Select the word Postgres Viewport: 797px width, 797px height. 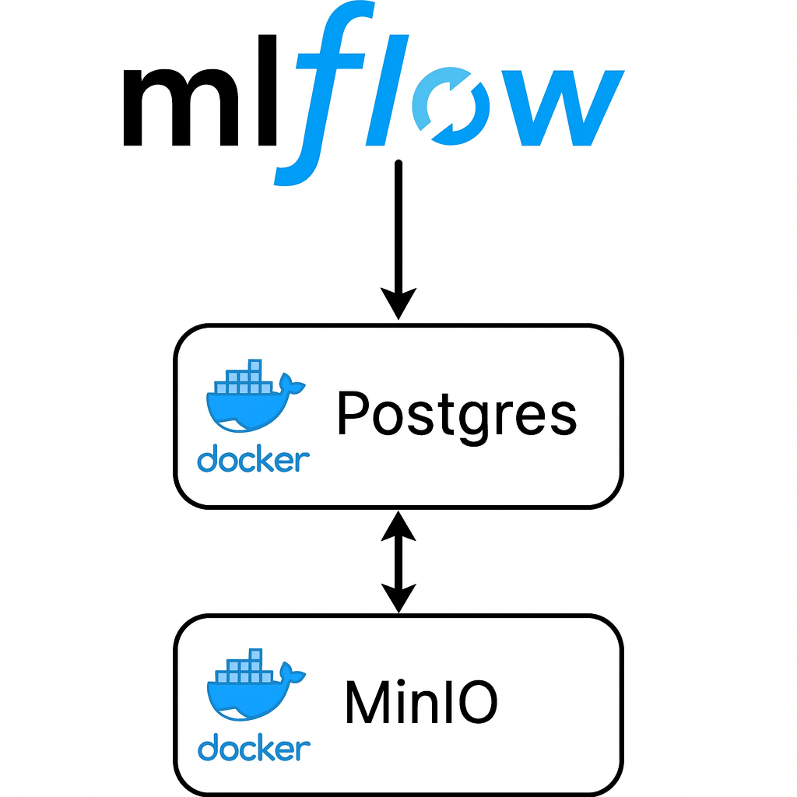pos(456,414)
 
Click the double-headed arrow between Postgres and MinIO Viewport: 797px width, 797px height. pos(398,562)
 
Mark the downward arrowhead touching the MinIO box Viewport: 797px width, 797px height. pos(398,599)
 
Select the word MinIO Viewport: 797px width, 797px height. pos(420,703)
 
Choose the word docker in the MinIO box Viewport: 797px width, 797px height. pos(253,750)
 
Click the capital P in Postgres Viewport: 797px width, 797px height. pos(353,414)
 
